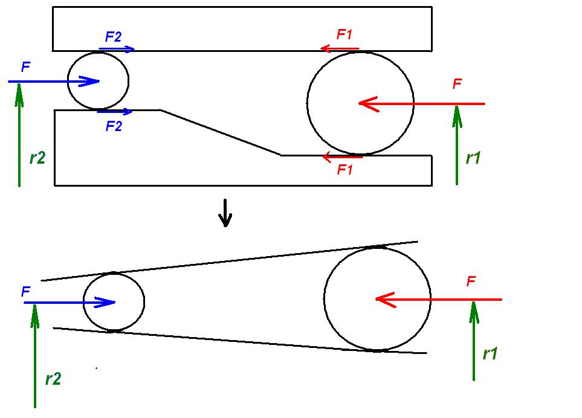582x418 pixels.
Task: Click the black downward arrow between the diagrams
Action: pyautogui.click(x=225, y=213)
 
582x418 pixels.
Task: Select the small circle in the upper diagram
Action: pyautogui.click(x=98, y=81)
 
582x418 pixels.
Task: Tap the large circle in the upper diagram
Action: pyautogui.click(x=360, y=103)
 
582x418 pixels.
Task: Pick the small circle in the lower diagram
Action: pyautogui.click(x=114, y=302)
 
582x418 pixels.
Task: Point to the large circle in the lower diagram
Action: pyautogui.click(x=377, y=299)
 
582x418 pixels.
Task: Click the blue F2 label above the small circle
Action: pyautogui.click(x=113, y=36)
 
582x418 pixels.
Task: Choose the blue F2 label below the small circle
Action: pyautogui.click(x=114, y=126)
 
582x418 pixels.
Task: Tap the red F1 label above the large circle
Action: pyautogui.click(x=344, y=34)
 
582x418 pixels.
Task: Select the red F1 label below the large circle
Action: pyautogui.click(x=344, y=170)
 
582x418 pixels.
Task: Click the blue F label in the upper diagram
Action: pyautogui.click(x=25, y=67)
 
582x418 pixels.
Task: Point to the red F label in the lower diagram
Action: pyautogui.click(x=471, y=281)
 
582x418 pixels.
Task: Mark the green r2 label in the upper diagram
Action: pyautogui.click(x=37, y=158)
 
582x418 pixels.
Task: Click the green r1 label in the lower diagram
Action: pyautogui.click(x=490, y=353)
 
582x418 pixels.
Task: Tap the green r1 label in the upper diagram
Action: pyautogui.click(x=473, y=158)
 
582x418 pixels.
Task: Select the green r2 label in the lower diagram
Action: pyautogui.click(x=53, y=379)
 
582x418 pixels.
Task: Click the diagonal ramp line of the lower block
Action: pyautogui.click(x=221, y=132)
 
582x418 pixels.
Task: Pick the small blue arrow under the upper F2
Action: pyautogui.click(x=117, y=50)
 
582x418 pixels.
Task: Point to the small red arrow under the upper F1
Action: pyautogui.click(x=340, y=48)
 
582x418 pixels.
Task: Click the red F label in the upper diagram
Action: pyautogui.click(x=458, y=85)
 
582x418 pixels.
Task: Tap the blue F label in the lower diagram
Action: pyautogui.click(x=25, y=292)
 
